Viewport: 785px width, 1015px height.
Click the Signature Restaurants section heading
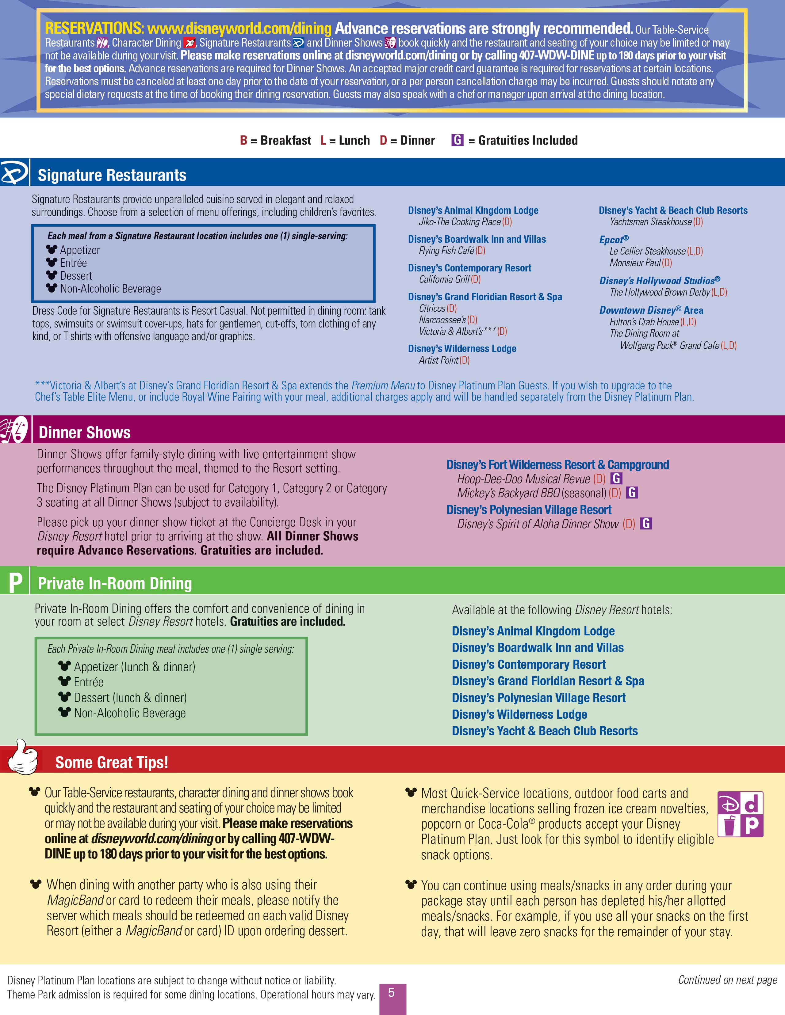point(112,175)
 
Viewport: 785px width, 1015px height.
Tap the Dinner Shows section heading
point(84,433)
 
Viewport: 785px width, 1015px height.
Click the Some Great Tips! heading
point(112,763)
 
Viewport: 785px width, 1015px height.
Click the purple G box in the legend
point(457,140)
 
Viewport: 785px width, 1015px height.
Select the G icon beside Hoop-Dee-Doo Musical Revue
point(616,478)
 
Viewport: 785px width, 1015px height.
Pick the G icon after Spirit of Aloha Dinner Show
point(646,524)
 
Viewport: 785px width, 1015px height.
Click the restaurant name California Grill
point(444,279)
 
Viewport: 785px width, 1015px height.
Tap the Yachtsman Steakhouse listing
point(651,222)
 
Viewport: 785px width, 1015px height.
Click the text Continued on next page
point(727,980)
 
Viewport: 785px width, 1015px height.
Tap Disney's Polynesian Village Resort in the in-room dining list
point(538,698)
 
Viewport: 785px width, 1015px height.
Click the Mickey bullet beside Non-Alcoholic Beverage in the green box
point(65,712)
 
